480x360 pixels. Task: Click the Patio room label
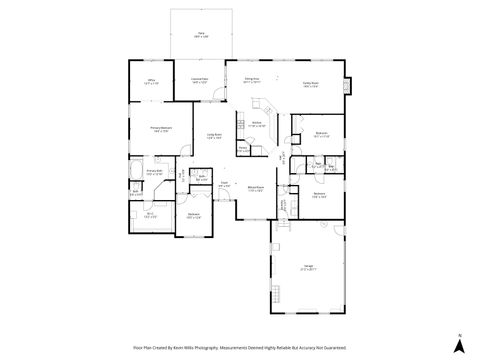coord(201,34)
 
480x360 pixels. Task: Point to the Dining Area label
coord(252,78)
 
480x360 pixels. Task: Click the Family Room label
coord(311,84)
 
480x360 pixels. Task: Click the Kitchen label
coord(257,122)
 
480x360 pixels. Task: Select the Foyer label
coord(226,183)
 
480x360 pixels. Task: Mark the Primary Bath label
coord(155,172)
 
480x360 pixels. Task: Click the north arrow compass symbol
coord(458,343)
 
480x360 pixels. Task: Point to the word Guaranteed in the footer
coord(334,348)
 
